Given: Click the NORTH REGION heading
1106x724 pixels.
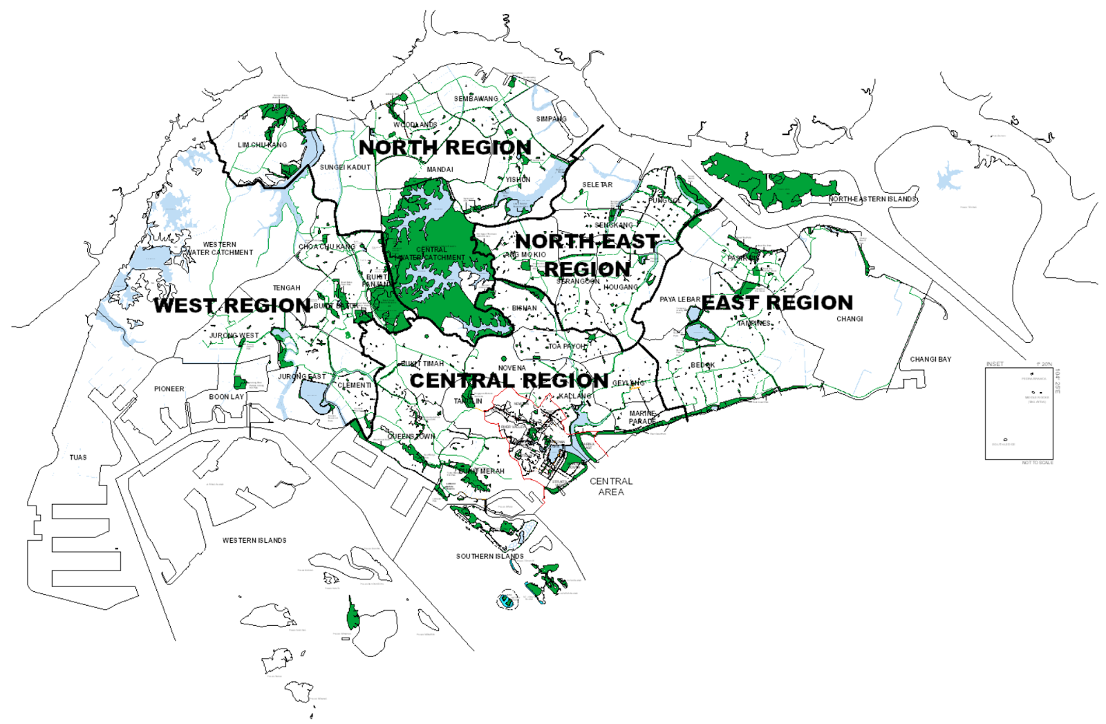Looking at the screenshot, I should point(444,147).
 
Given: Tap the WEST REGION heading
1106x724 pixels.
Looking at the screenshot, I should point(232,305).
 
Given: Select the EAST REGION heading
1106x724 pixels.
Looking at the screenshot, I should point(777,302).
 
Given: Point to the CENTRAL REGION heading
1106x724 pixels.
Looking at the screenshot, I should point(509,380).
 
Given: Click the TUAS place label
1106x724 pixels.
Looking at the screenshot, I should point(78,457).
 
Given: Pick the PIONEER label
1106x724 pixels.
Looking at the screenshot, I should point(169,389).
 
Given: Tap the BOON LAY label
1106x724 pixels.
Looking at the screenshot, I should point(226,397).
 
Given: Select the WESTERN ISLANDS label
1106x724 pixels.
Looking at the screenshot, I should point(254,540).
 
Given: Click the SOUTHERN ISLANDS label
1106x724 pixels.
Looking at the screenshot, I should point(489,556).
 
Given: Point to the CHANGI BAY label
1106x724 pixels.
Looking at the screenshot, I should point(930,359).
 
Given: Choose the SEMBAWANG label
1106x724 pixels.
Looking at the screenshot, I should point(476,99).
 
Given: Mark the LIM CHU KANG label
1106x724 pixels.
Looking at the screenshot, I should point(262,145).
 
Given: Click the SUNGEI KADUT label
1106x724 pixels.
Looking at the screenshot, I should point(345,167).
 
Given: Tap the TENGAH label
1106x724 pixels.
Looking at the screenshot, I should point(286,288).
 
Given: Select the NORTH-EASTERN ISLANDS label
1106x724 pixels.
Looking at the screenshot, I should point(872,199).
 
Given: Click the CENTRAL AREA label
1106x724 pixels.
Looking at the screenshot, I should point(611,486).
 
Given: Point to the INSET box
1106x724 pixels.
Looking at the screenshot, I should point(1019,414).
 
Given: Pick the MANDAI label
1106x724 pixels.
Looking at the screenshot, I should point(440,169).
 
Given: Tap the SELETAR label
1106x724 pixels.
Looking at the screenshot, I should point(597,185).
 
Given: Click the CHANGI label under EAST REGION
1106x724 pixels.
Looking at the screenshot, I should point(850,319).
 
